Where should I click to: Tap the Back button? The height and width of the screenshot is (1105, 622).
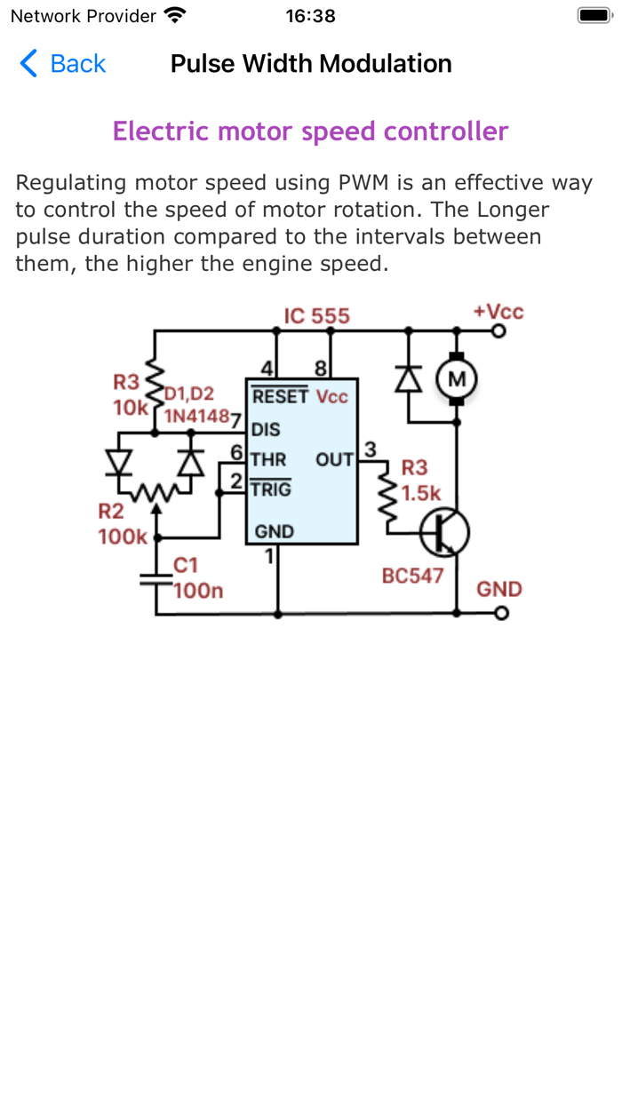click(62, 64)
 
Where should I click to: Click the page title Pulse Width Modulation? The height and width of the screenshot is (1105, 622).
click(311, 64)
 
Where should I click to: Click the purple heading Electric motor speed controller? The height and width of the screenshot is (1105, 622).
click(310, 131)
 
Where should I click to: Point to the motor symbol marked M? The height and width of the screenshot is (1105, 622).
click(457, 380)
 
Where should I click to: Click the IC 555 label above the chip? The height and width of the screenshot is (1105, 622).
click(316, 316)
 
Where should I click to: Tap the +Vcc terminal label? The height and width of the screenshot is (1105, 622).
click(498, 312)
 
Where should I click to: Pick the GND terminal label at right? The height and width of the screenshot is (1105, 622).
click(499, 589)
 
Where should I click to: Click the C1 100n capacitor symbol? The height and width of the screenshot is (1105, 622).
click(156, 578)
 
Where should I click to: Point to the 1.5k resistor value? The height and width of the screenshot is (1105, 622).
click(421, 494)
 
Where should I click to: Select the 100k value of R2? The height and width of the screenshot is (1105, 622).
click(123, 537)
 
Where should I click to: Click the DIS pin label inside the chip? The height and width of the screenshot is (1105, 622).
click(266, 430)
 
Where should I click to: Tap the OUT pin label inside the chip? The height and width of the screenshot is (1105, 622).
click(334, 460)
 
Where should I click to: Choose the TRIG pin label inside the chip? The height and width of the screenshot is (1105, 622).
click(270, 489)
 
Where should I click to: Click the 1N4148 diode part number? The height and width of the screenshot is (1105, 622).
click(196, 415)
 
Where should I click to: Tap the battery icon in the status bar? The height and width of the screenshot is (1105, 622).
click(593, 16)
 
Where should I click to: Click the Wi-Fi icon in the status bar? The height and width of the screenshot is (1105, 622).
click(175, 16)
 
